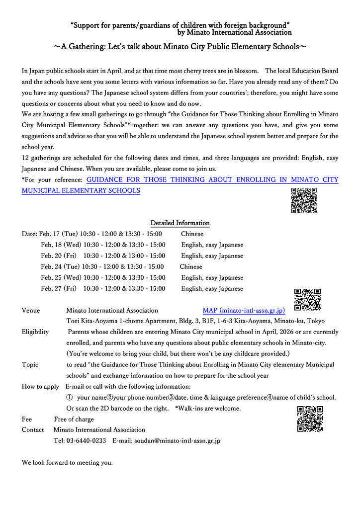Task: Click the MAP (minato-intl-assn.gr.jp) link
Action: pos(244,311)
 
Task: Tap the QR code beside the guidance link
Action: pos(304,201)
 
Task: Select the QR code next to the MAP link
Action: pos(307,300)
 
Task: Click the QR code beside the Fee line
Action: pos(310,419)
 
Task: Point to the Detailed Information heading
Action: pos(180,223)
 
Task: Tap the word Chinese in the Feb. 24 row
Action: pos(191,267)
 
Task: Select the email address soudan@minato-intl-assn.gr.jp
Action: pos(177,441)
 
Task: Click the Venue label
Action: pos(31,311)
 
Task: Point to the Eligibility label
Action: pos(35,332)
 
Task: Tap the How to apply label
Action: pos(40,387)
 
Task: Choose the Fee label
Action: pos(27,420)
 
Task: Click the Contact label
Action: pos(33,430)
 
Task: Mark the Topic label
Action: pos(30,365)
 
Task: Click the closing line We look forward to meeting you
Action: pos(67,463)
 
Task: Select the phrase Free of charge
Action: pos(74,420)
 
